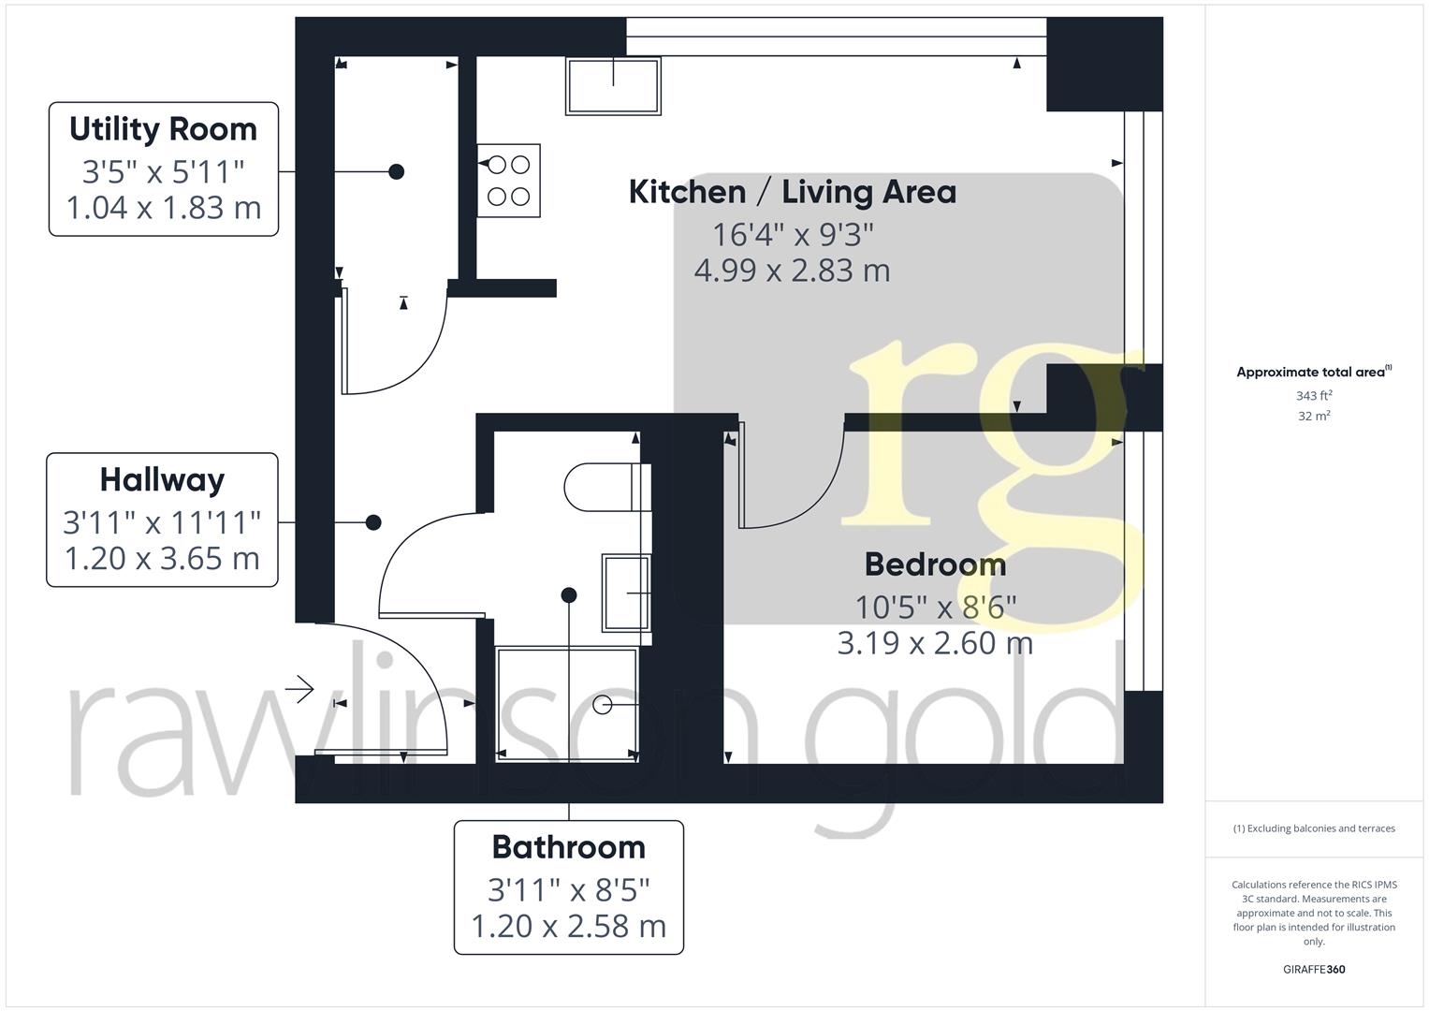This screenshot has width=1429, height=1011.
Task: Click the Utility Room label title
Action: click(163, 129)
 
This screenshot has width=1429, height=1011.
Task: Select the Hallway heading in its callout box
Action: click(162, 480)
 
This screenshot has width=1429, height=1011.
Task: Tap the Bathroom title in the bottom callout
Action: click(568, 847)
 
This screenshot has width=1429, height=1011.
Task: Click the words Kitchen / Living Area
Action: click(792, 192)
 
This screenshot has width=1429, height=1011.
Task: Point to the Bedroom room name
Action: click(934, 564)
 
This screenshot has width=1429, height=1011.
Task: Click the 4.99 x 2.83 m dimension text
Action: click(792, 271)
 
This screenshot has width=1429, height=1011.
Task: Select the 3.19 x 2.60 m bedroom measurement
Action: click(934, 643)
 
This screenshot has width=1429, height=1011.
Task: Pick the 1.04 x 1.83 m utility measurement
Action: click(163, 208)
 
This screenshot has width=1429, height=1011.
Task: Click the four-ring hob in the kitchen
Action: click(509, 181)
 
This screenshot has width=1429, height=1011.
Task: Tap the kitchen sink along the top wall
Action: click(613, 85)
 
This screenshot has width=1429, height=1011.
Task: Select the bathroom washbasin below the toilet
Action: click(626, 593)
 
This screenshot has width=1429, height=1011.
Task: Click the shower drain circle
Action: click(603, 705)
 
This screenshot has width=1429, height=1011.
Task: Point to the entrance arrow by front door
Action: click(299, 690)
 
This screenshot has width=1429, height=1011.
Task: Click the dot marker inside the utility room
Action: click(397, 171)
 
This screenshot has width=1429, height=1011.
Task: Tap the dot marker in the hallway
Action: click(373, 522)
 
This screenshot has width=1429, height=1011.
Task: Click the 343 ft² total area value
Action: click(1313, 396)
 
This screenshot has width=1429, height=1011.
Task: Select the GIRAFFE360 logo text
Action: click(1313, 970)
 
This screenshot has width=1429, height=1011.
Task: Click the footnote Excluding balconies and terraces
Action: click(1313, 828)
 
